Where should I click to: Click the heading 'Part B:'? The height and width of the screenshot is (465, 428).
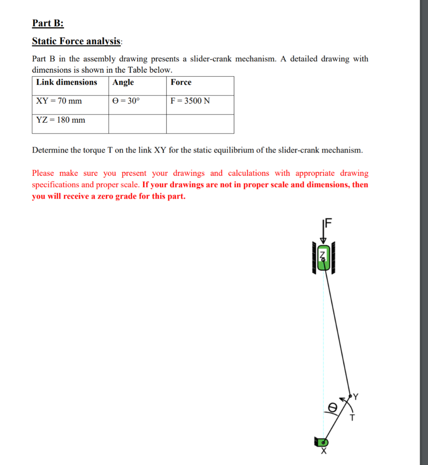click(48, 23)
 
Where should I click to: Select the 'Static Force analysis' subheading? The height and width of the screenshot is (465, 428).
click(77, 41)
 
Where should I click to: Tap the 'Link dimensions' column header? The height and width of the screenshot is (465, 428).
click(67, 82)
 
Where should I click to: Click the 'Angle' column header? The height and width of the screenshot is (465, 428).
click(123, 82)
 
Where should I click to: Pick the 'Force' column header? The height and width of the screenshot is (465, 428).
click(181, 82)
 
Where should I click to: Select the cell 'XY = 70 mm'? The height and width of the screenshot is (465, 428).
click(59, 101)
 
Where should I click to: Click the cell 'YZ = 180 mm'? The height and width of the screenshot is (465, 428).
click(61, 120)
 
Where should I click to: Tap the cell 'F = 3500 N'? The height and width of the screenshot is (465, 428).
click(190, 101)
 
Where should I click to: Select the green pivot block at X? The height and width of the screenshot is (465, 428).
click(321, 441)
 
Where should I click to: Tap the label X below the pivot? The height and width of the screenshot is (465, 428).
click(324, 452)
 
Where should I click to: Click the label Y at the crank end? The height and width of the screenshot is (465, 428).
click(355, 397)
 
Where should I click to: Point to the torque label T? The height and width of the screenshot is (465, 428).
click(352, 417)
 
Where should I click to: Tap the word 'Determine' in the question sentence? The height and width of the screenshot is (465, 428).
click(48, 150)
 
